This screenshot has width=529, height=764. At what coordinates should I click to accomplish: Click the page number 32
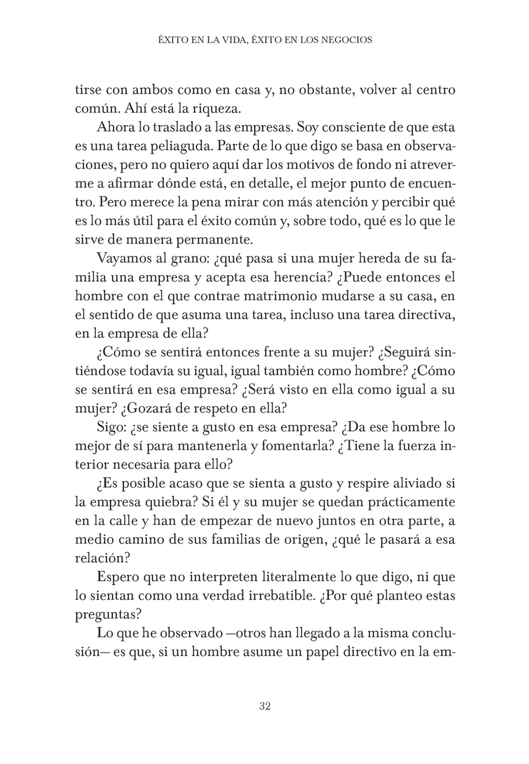[x=264, y=706]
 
